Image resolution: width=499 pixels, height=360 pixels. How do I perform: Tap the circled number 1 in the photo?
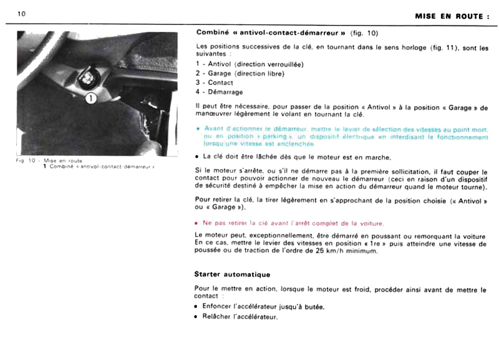(89, 97)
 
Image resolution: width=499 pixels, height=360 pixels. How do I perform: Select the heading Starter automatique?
(232, 274)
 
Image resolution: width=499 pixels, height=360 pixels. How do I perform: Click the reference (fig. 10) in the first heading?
(364, 32)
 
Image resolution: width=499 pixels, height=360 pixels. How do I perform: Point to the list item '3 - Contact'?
(215, 82)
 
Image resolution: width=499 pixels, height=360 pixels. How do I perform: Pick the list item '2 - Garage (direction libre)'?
(240, 73)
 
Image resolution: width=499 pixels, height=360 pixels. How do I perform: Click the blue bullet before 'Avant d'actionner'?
(198, 129)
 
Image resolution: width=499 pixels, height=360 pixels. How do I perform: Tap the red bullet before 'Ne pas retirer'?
(198, 223)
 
